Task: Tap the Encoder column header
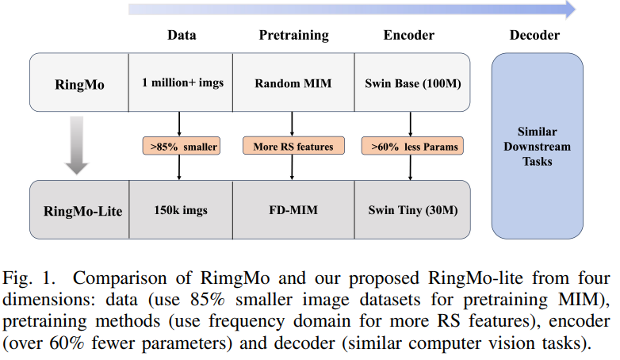point(409,35)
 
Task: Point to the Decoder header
point(535,35)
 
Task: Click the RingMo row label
point(78,82)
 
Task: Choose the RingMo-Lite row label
point(78,211)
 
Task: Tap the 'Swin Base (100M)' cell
point(409,82)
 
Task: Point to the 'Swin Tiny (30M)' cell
point(409,211)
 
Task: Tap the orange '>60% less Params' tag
point(409,146)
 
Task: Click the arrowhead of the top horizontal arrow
point(568,9)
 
